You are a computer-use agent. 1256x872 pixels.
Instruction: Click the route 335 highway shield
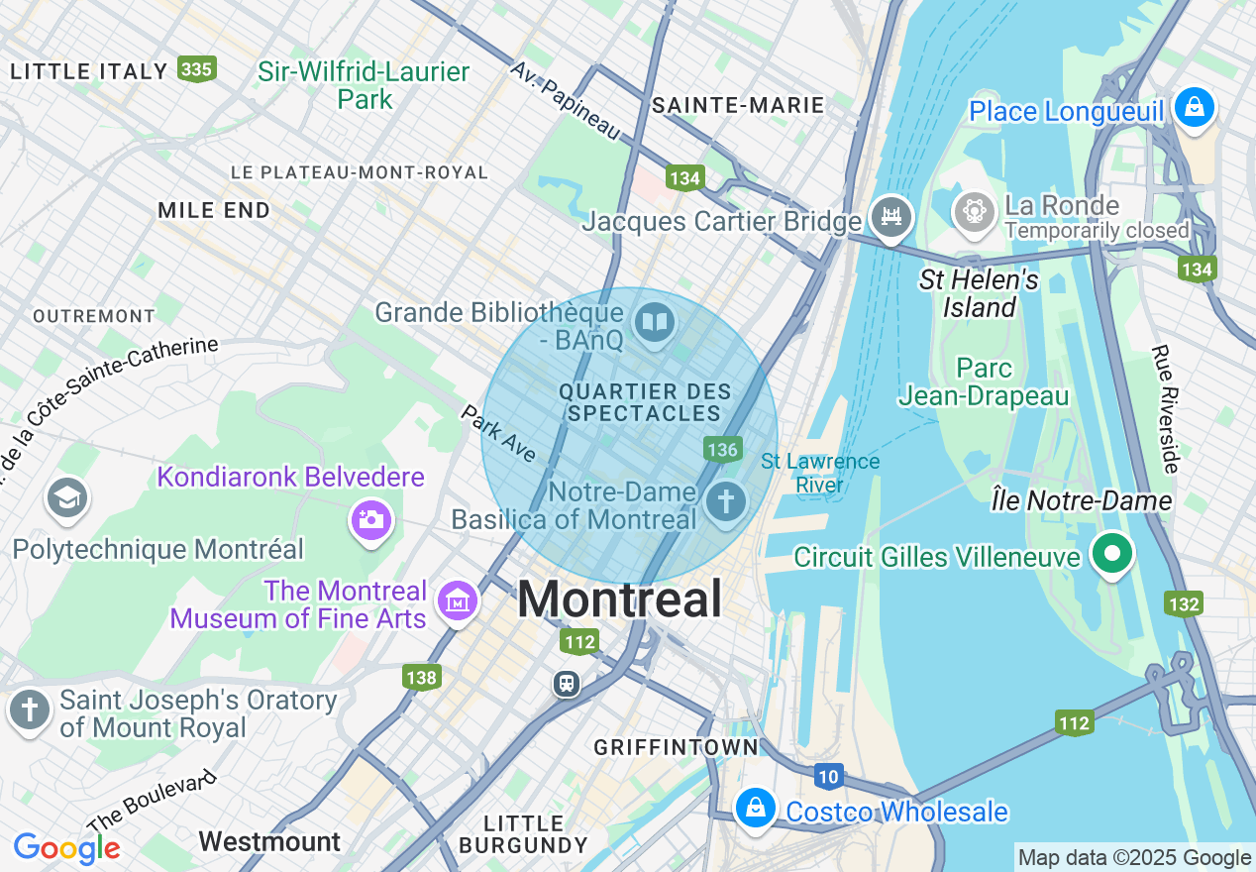[197, 68]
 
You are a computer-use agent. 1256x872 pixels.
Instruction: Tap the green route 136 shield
[723, 449]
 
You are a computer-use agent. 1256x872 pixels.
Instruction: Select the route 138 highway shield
[421, 678]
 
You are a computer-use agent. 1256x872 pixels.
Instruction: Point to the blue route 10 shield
[828, 776]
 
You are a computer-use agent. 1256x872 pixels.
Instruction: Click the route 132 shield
[1184, 603]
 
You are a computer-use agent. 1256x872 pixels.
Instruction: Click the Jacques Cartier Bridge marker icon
[890, 216]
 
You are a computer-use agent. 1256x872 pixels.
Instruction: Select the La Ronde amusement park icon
[975, 211]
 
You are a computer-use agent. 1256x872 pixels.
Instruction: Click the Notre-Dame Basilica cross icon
[726, 501]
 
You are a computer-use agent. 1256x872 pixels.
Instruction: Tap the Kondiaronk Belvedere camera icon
[371, 519]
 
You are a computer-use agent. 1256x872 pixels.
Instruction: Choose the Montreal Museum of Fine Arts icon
[457, 600]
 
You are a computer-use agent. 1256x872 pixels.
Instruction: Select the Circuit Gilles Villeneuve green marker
[1111, 553]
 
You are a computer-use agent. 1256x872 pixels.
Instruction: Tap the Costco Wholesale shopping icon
[755, 808]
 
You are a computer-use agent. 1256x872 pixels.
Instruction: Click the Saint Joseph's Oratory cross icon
[30, 710]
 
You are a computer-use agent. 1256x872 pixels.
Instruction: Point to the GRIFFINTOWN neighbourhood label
[677, 747]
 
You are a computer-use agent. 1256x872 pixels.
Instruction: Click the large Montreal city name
[619, 599]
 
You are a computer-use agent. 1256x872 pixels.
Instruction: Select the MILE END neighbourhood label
[214, 210]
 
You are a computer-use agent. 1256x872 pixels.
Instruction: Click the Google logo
[66, 848]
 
